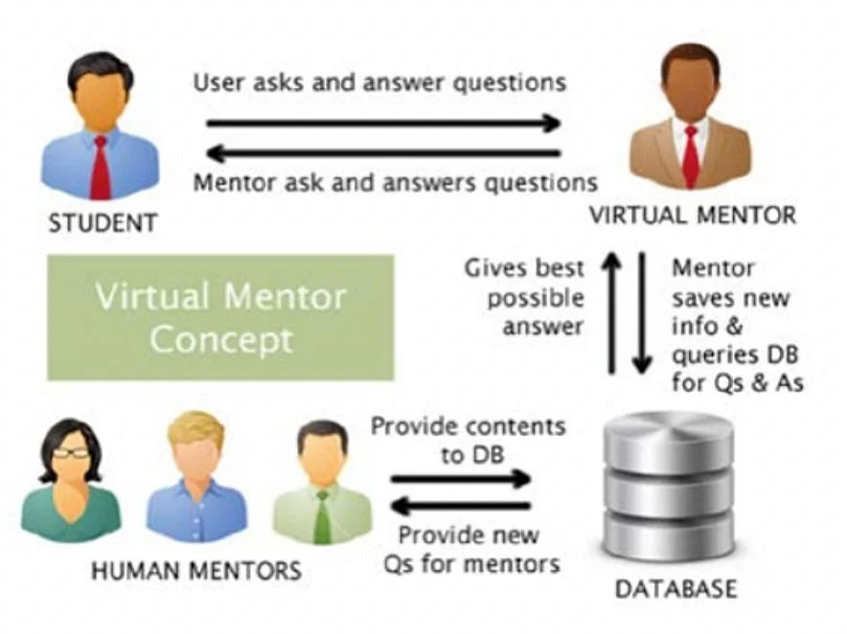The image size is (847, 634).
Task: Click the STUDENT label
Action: [x=103, y=223]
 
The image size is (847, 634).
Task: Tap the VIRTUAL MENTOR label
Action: [x=692, y=214]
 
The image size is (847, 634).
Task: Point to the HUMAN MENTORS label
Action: [x=195, y=572]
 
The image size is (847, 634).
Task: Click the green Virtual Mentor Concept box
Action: [x=220, y=317]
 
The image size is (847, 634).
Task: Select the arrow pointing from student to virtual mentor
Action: [x=383, y=123]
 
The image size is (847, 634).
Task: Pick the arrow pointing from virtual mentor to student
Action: [x=383, y=152]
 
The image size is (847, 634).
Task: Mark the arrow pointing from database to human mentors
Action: [x=460, y=505]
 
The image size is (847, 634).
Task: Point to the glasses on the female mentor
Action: [x=70, y=454]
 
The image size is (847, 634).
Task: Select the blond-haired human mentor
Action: [x=195, y=479]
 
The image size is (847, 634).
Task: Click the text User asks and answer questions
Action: [x=379, y=82]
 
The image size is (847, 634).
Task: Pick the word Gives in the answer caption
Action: [x=497, y=267]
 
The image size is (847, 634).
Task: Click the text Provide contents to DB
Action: [x=468, y=438]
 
